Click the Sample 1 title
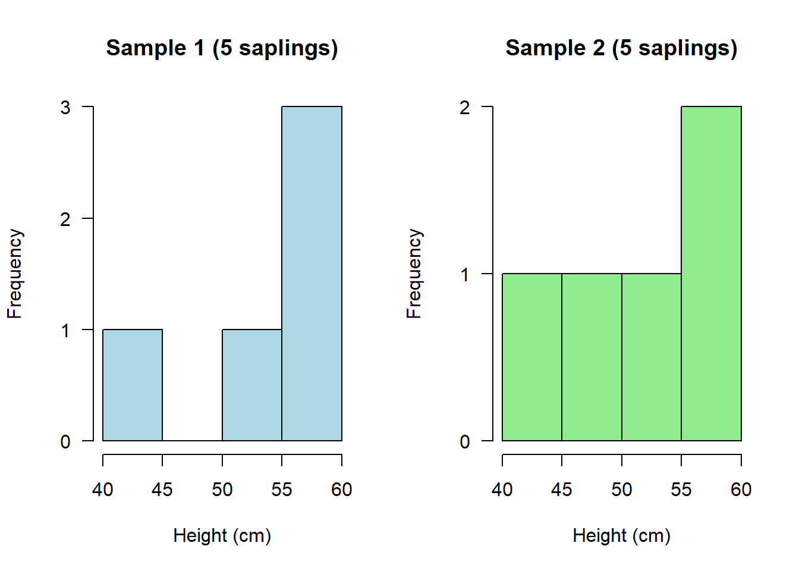coord(222,48)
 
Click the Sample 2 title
coord(621,48)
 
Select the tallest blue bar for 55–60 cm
coord(312,274)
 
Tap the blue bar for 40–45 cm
coord(133,385)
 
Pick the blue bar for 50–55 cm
coord(252,385)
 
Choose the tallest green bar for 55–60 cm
coord(711,274)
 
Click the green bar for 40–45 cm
coord(532,357)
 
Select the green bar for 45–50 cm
coord(592,357)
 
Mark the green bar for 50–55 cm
coord(652,357)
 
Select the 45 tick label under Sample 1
coord(162,490)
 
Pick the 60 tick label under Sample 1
coord(342,490)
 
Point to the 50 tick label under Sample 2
coord(622,490)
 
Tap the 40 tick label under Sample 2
coord(502,490)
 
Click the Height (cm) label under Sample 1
coord(222,536)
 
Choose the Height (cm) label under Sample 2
coord(621,536)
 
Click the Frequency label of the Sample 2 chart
coord(414,274)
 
